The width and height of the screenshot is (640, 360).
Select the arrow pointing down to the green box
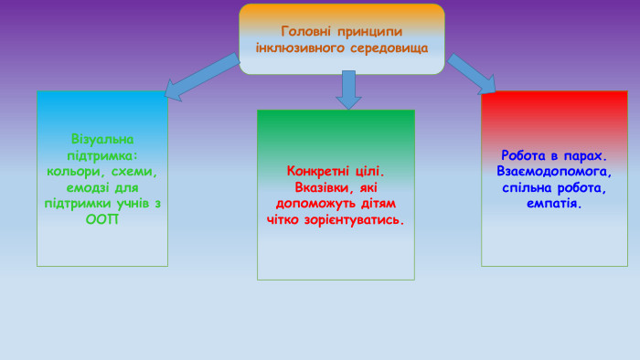tap(347, 90)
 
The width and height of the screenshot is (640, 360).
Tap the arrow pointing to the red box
tap(472, 73)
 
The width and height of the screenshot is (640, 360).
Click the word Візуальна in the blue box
tap(101, 140)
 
